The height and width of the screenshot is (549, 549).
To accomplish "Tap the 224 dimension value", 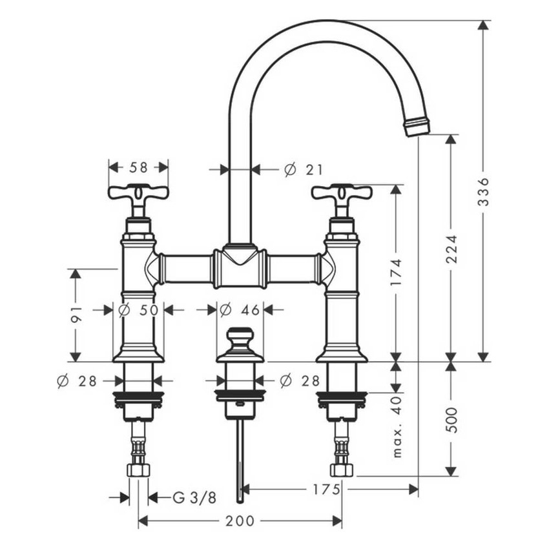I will click(451, 249).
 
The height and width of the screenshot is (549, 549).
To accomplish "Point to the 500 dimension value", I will click(451, 420).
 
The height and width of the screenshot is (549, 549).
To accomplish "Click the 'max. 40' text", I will click(397, 427).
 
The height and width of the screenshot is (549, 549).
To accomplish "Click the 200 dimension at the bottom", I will click(240, 521).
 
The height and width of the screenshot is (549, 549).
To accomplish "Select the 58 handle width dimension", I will click(138, 167).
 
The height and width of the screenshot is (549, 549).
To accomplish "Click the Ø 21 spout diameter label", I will click(303, 169).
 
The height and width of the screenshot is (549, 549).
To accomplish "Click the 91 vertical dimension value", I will click(76, 315).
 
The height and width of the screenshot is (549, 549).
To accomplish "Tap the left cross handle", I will click(138, 192).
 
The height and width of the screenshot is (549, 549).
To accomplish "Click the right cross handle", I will click(342, 192).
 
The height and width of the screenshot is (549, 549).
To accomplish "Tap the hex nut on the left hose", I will click(138, 470).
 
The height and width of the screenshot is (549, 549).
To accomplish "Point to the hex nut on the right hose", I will click(342, 470).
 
